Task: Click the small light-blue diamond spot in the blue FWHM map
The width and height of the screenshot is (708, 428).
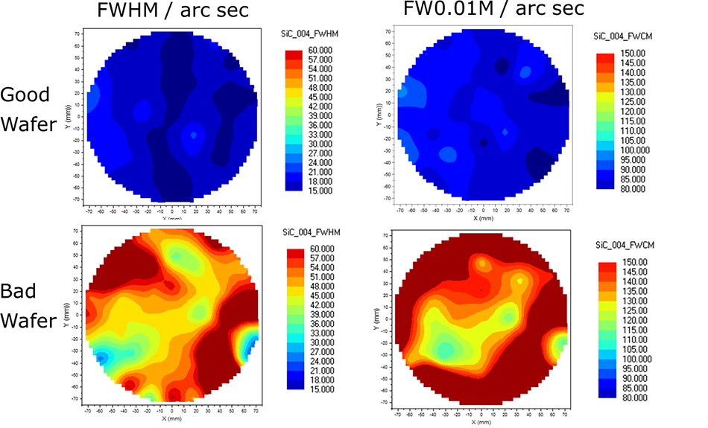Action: point(194,135)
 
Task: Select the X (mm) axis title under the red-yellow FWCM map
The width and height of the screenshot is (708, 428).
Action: point(481,421)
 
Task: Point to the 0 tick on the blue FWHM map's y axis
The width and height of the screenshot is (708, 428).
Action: point(78,116)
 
